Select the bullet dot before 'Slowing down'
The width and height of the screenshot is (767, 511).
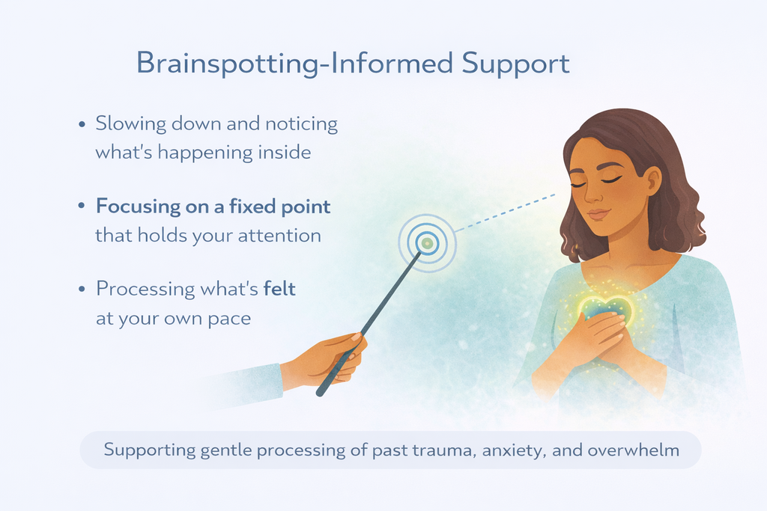click(82, 125)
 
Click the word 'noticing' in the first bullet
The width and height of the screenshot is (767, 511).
click(301, 123)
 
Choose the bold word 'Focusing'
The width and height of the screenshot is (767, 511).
click(138, 206)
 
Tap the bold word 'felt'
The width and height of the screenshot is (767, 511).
click(279, 288)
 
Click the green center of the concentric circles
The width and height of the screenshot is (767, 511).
click(427, 242)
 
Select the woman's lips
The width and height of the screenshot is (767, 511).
click(598, 214)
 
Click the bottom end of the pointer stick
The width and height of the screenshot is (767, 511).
click(320, 393)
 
